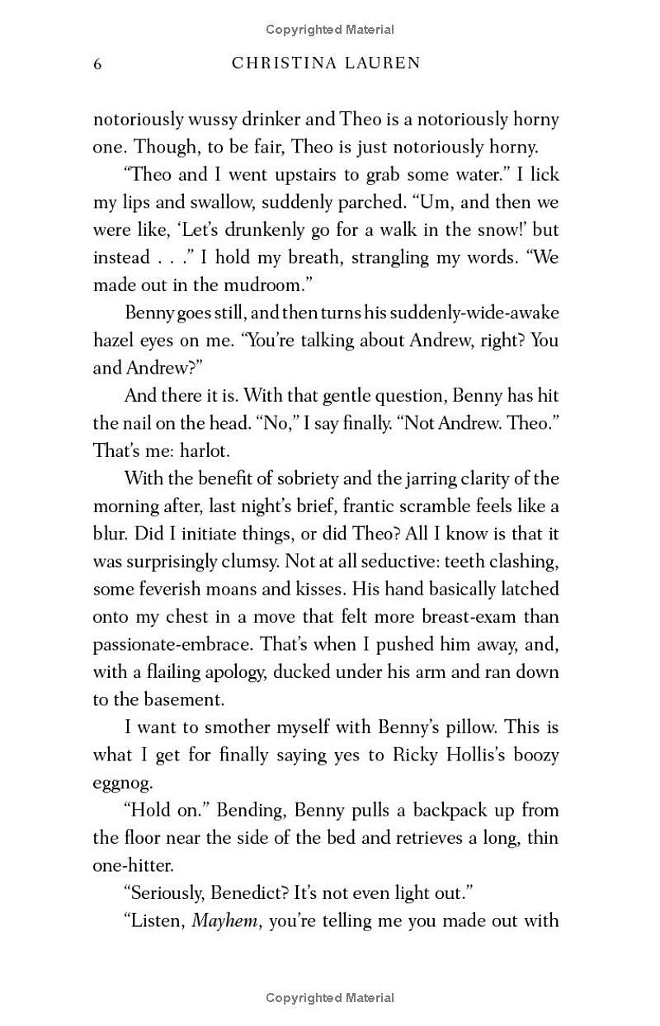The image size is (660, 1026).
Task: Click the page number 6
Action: click(x=97, y=64)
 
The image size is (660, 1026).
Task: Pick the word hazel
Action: click(x=115, y=340)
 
